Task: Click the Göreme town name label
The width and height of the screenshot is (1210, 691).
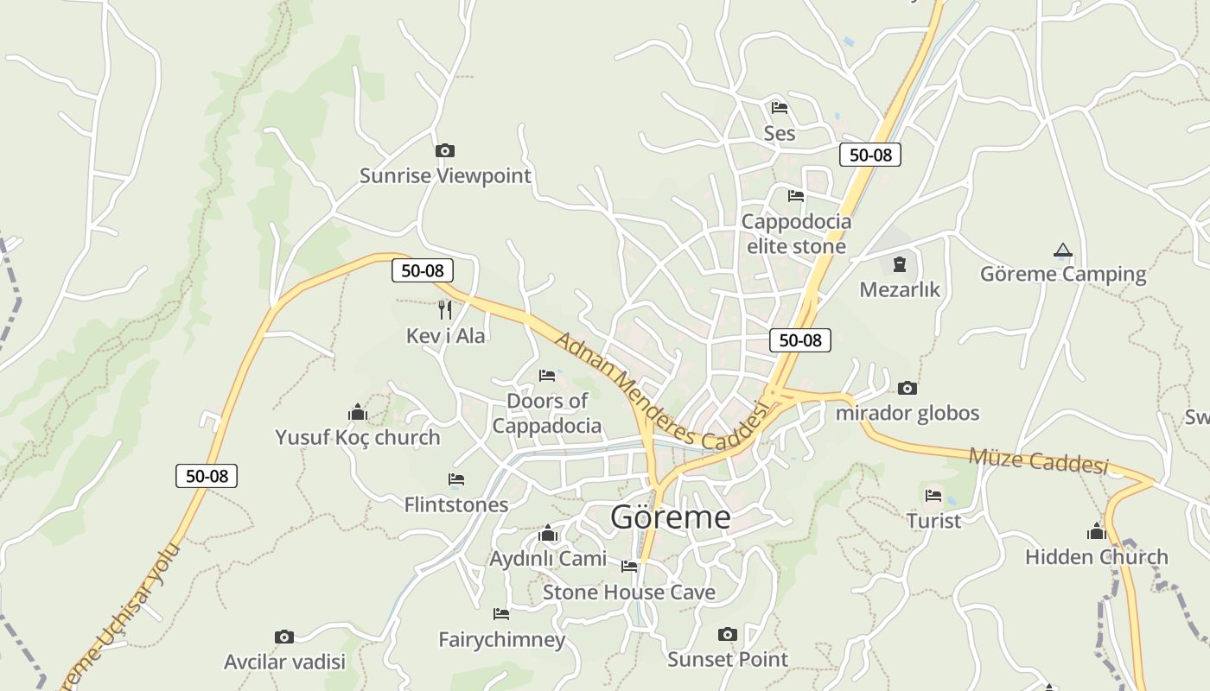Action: [x=671, y=517]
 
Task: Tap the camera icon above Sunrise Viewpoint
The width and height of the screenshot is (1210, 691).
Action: [x=444, y=151]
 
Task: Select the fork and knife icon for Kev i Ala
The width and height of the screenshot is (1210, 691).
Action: [x=445, y=309]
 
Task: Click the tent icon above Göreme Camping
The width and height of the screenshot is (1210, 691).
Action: [x=1063, y=250]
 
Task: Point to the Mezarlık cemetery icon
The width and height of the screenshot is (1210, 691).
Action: [x=900, y=263]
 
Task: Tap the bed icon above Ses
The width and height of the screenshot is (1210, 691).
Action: [x=780, y=108]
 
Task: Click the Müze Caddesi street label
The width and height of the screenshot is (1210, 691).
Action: [x=1038, y=460]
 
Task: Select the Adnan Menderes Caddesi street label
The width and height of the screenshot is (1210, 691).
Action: [x=661, y=391]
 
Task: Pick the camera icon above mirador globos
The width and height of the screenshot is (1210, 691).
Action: [x=907, y=388]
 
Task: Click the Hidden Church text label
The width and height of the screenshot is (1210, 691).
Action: [x=1097, y=557]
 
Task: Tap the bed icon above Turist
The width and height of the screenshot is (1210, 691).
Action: [x=933, y=496]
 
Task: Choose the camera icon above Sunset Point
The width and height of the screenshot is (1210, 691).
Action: [x=728, y=635]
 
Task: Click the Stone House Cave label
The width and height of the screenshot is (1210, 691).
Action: [x=629, y=593]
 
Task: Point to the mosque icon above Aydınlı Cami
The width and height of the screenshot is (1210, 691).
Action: [x=548, y=534]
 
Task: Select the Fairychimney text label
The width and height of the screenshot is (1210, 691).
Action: [x=502, y=640]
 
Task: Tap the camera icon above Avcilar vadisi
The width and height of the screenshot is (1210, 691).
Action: [x=284, y=637]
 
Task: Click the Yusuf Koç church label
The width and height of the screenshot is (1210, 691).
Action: [x=358, y=437]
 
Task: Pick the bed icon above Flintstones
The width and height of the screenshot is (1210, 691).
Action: [x=456, y=479]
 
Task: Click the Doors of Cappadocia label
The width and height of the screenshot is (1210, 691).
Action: [x=547, y=413]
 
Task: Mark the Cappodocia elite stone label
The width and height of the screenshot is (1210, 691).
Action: [x=796, y=233]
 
